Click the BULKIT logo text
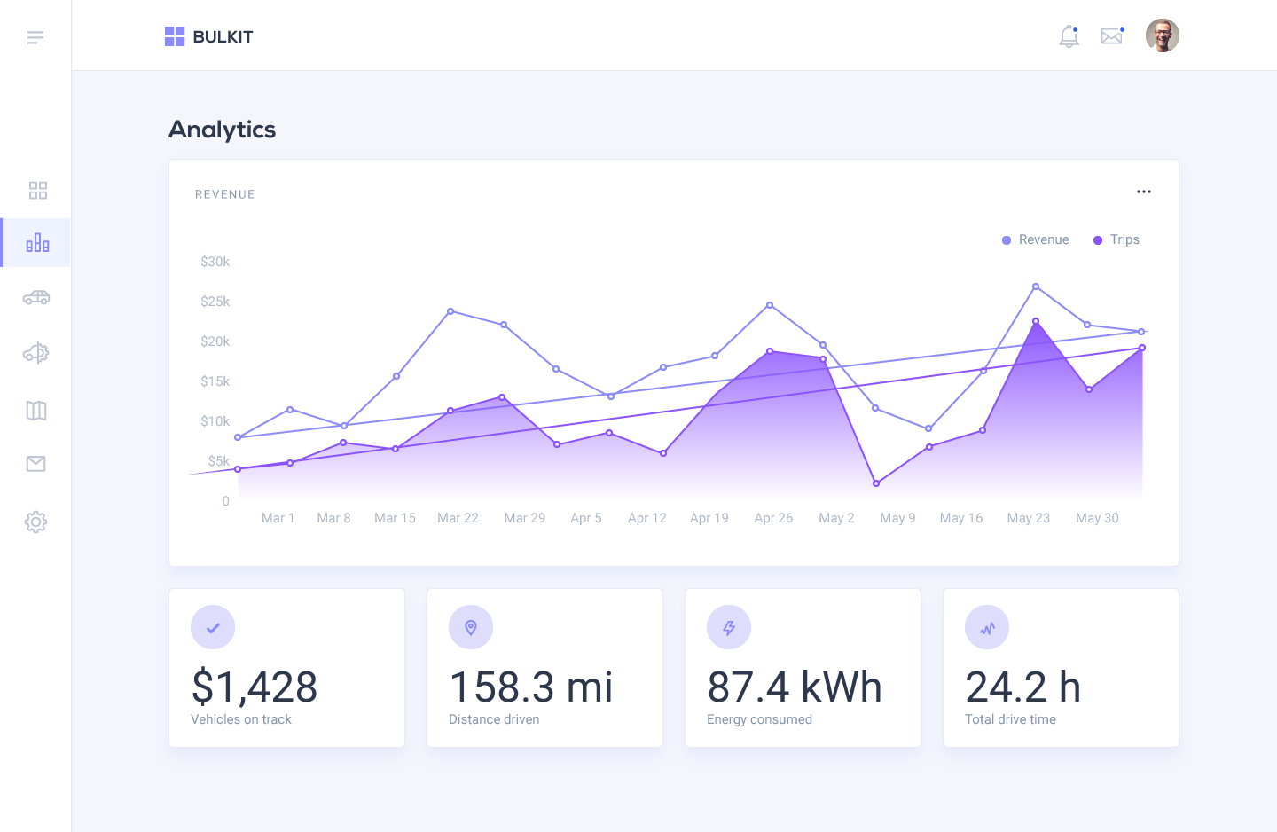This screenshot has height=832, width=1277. click(x=223, y=36)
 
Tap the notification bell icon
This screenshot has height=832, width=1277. click(x=1069, y=36)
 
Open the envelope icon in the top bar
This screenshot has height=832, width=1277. click(x=1111, y=36)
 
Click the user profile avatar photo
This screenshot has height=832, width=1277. click(x=1162, y=36)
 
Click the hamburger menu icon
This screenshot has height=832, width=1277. click(x=35, y=37)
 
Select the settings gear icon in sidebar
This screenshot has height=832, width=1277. click(x=35, y=522)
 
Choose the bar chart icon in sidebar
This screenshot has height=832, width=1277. click(x=37, y=243)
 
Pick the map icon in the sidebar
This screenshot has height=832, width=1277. click(x=36, y=410)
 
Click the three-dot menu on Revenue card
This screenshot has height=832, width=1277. click(x=1144, y=192)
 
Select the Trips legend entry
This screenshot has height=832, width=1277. click(x=1116, y=239)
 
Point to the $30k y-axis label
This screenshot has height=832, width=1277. click(x=215, y=262)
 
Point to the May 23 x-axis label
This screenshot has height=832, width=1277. click(x=1028, y=518)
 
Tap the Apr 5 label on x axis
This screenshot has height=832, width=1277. click(x=585, y=518)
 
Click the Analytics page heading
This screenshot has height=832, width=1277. click(x=222, y=130)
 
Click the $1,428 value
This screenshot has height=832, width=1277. click(x=255, y=687)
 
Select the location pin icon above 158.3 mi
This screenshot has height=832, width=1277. click(x=471, y=627)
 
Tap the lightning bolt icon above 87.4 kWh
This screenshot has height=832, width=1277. click(x=729, y=627)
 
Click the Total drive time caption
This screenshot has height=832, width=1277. click(x=1010, y=719)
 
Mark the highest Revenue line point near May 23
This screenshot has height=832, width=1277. click(x=1036, y=286)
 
